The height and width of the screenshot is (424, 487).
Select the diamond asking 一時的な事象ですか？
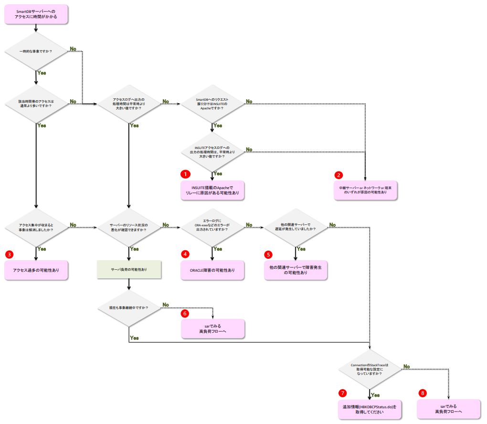(x=36, y=51)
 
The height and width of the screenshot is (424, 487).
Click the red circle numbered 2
(x=339, y=175)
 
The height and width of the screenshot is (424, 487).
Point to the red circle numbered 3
(x=9, y=254)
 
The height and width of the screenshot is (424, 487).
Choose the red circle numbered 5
(x=269, y=254)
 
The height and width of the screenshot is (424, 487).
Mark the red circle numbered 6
(x=185, y=313)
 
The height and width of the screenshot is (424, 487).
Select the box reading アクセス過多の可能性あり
(x=36, y=270)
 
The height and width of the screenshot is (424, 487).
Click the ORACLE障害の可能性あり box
(x=212, y=270)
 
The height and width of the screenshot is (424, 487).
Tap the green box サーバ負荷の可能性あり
(x=129, y=270)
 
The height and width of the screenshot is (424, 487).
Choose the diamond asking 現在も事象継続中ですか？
(x=129, y=308)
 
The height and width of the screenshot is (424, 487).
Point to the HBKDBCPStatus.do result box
(x=370, y=409)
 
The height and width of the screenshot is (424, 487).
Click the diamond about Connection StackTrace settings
(x=370, y=368)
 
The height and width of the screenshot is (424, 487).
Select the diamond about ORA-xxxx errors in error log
(x=212, y=226)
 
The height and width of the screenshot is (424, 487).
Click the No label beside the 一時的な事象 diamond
(x=73, y=49)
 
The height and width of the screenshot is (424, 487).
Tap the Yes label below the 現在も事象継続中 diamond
(x=134, y=338)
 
